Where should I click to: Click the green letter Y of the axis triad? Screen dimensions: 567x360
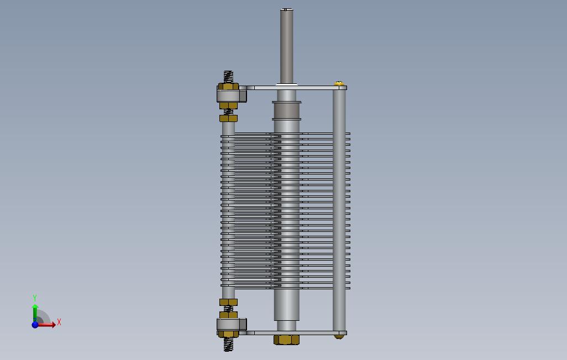click(35, 298)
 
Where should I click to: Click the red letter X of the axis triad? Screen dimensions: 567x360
click(59, 322)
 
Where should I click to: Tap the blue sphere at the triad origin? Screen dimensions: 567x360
click(35, 325)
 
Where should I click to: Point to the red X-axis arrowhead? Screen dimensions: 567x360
click(53, 325)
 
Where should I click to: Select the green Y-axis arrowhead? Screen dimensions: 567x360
click(35, 306)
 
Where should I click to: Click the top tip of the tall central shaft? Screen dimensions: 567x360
click(286, 9)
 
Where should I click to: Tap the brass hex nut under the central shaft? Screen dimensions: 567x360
click(286, 340)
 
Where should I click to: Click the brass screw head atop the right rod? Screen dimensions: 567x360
click(339, 83)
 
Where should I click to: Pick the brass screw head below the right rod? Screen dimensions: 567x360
click(339, 337)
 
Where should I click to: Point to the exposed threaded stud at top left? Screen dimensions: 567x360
click(228, 77)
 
